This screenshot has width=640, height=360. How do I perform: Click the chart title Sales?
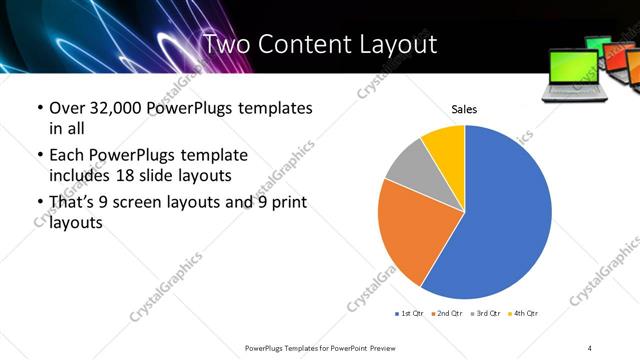(464, 109)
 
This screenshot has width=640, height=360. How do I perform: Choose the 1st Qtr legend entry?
(409, 314)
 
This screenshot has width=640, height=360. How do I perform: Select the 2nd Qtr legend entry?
(446, 314)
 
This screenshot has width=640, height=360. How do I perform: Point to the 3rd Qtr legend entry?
(484, 314)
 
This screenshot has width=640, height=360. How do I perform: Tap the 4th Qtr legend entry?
(522, 314)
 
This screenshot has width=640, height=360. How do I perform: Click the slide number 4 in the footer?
(590, 347)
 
